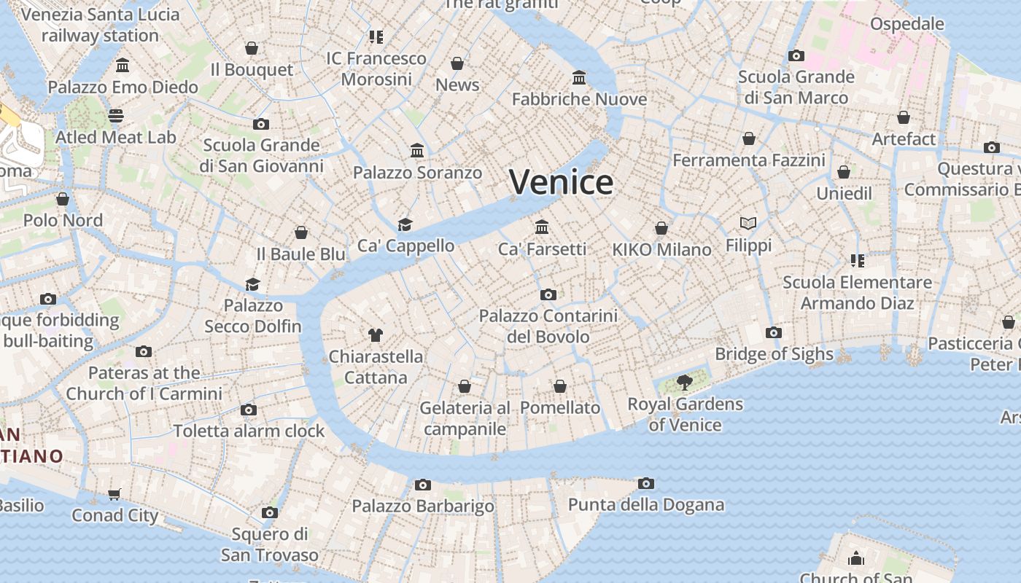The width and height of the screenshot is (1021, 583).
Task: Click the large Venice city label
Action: coord(561,182)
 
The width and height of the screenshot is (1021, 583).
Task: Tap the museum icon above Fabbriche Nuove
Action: coord(579,77)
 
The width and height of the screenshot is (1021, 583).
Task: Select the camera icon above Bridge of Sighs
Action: coord(774,333)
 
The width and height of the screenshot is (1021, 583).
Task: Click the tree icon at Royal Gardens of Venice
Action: coord(684,382)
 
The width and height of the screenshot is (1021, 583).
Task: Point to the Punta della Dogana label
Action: coord(646,504)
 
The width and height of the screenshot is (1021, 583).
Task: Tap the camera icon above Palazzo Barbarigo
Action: coord(422,485)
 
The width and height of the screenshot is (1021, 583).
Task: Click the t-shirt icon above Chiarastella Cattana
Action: coord(376,335)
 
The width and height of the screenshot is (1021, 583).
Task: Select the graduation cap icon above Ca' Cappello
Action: coord(405,224)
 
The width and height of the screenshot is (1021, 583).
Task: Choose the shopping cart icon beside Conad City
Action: coord(114,495)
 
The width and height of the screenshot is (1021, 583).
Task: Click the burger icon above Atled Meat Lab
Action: coord(116,115)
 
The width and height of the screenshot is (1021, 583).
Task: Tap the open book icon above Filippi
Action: coord(748,223)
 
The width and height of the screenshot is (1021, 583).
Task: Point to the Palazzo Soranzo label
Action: coord(417,173)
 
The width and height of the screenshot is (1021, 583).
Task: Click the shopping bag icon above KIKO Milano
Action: coord(661,228)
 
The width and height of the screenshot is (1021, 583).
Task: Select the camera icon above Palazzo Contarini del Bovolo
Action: coord(548,294)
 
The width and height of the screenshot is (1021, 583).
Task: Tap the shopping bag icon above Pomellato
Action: coord(560,386)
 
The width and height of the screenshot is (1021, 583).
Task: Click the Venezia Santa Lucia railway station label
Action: coord(100,25)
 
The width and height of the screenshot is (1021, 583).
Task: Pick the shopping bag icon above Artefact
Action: coord(904,117)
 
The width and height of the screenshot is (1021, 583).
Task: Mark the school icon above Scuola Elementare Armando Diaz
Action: coord(857,260)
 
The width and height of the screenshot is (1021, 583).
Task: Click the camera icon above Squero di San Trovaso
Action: coord(270,512)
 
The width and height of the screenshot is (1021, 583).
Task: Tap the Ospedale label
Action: coord(907,24)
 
